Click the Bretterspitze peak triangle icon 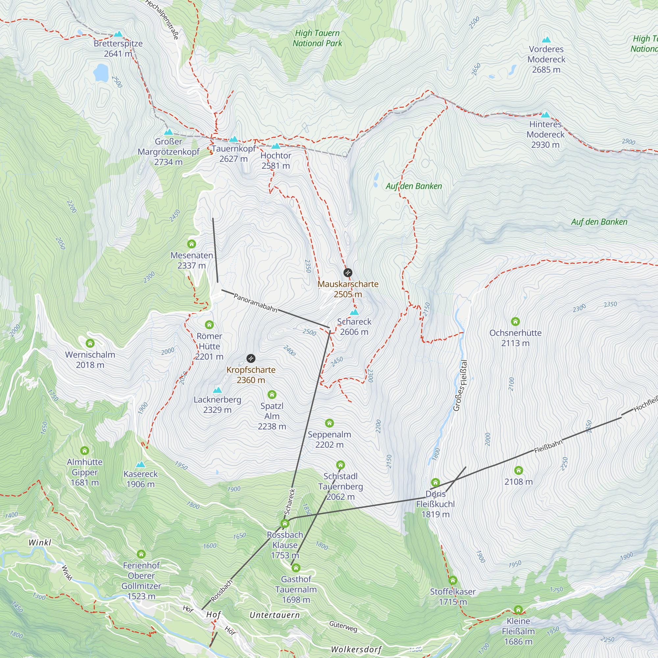pyautogui.click(x=118, y=34)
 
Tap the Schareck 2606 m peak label pyautogui.click(x=354, y=327)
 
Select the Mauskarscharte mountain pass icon pyautogui.click(x=347, y=272)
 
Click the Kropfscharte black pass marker pyautogui.click(x=251, y=358)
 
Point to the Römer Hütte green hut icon pyautogui.click(x=209, y=325)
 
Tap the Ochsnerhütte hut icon pyautogui.click(x=515, y=321)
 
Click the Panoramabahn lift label pyautogui.click(x=255, y=303)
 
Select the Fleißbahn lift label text pyautogui.click(x=548, y=446)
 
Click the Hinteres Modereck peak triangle pyautogui.click(x=545, y=115)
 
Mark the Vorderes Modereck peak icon pyautogui.click(x=546, y=39)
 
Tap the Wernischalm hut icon pyautogui.click(x=90, y=343)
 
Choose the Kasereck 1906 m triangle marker pyautogui.click(x=140, y=465)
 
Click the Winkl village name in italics pyautogui.click(x=40, y=543)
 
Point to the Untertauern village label pyautogui.click(x=274, y=615)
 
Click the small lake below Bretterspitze pyautogui.click(x=101, y=72)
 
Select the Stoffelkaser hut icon pyautogui.click(x=453, y=580)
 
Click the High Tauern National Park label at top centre pyautogui.click(x=317, y=38)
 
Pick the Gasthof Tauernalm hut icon pyautogui.click(x=296, y=568)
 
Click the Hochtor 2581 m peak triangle pyautogui.click(x=275, y=146)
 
